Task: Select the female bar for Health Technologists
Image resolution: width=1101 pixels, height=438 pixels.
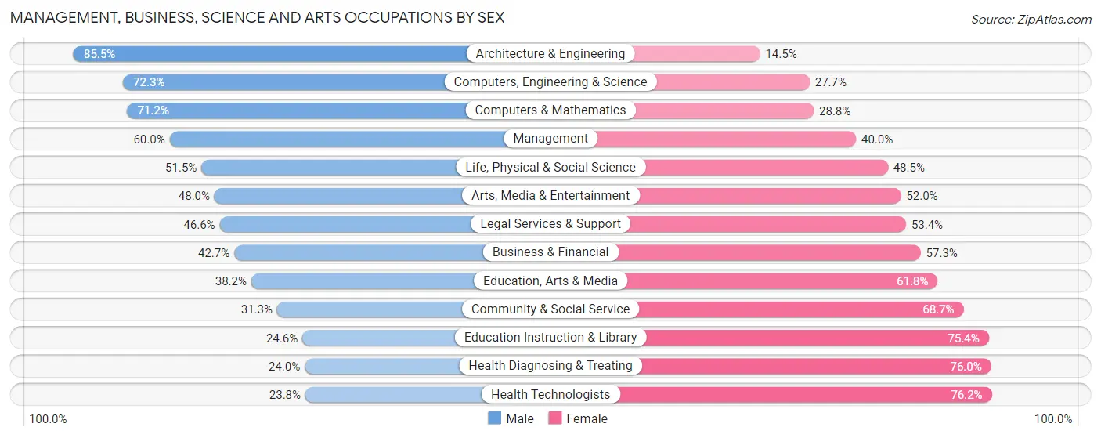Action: click(807, 395)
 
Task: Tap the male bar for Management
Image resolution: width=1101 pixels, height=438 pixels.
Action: click(337, 139)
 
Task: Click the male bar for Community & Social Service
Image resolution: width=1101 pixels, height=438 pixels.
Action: click(368, 309)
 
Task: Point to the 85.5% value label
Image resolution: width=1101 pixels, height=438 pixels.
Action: click(99, 54)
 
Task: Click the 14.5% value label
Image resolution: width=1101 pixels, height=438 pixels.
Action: click(782, 54)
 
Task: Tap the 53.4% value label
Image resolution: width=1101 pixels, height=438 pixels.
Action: click(927, 225)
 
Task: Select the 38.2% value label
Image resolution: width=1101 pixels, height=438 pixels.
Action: click(231, 281)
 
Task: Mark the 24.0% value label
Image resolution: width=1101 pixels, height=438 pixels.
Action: click(284, 366)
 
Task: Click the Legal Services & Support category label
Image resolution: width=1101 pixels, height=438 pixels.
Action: click(550, 224)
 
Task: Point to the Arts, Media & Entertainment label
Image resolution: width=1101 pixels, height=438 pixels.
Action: click(550, 196)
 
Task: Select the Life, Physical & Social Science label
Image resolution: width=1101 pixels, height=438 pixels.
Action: click(550, 168)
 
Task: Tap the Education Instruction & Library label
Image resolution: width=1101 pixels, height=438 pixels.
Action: click(550, 338)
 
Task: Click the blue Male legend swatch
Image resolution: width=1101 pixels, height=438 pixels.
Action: click(494, 418)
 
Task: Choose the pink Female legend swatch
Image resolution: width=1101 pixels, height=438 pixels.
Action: click(555, 418)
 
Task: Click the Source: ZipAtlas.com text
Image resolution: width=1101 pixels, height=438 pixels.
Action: click(1031, 19)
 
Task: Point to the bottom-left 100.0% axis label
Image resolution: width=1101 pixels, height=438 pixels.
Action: click(48, 419)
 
